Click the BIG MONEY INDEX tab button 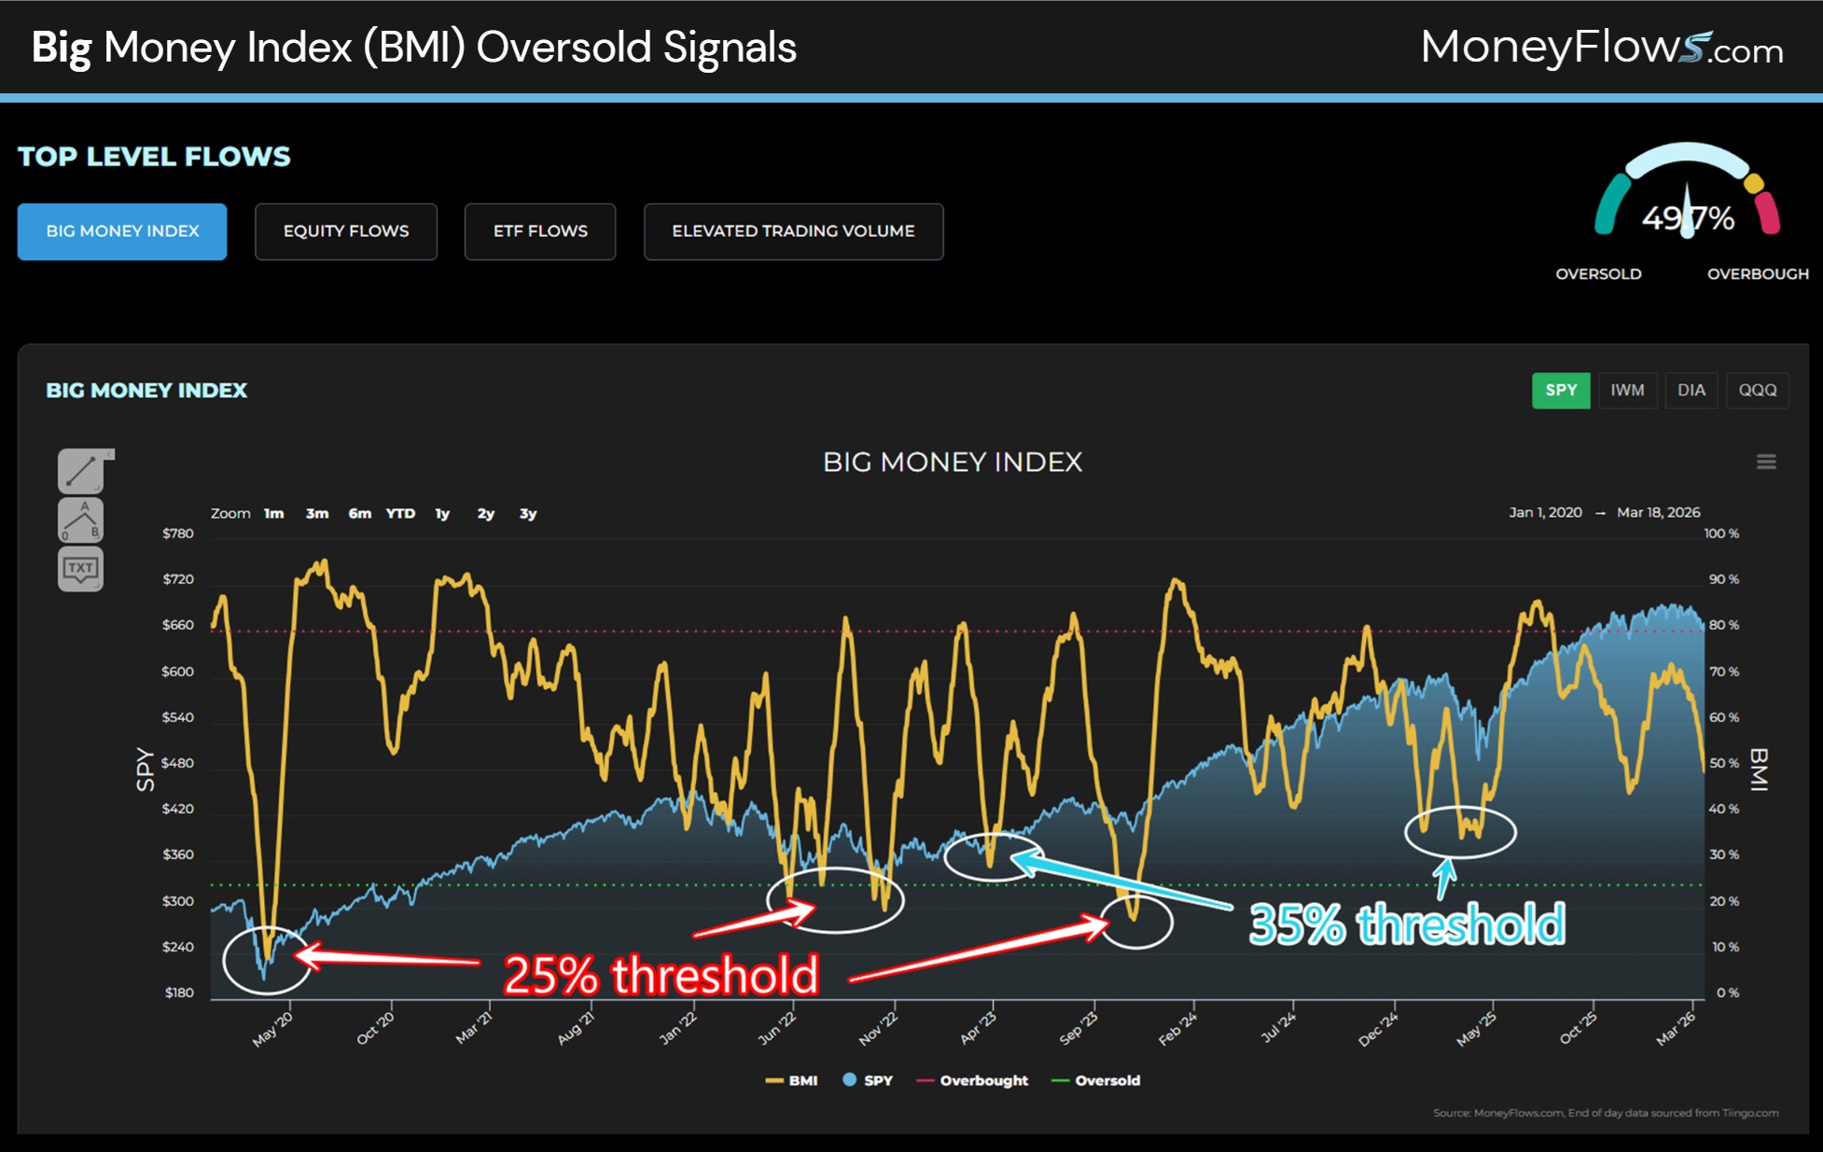pyautogui.click(x=122, y=231)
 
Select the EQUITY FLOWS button pyautogui.click(x=346, y=231)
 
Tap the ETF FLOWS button pyautogui.click(x=540, y=231)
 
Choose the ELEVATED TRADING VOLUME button pyautogui.click(x=793, y=231)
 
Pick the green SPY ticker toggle pyautogui.click(x=1561, y=390)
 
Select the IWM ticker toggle pyautogui.click(x=1627, y=390)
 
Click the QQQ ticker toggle pyautogui.click(x=1758, y=390)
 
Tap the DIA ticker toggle pyautogui.click(x=1691, y=390)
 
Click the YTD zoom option pyautogui.click(x=400, y=513)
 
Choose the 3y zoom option pyautogui.click(x=528, y=513)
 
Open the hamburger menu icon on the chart pyautogui.click(x=1766, y=462)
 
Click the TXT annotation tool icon pyautogui.click(x=81, y=568)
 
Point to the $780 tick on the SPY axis pyautogui.click(x=178, y=534)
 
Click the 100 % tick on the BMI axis pyautogui.click(x=1721, y=534)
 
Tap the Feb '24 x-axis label pyautogui.click(x=1177, y=1029)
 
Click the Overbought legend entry pyautogui.click(x=983, y=1080)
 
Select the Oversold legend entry pyautogui.click(x=1106, y=1080)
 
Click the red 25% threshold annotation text pyautogui.click(x=661, y=975)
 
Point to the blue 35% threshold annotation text pyautogui.click(x=1407, y=924)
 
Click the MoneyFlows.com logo pyautogui.click(x=1601, y=48)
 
